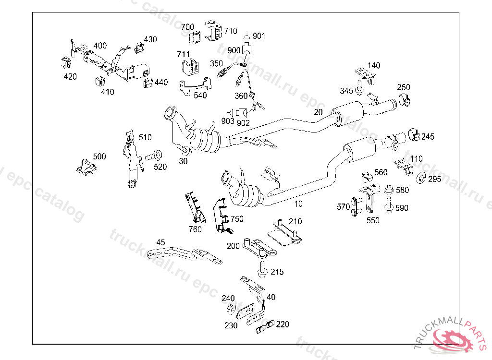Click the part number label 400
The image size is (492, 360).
pos(100,46)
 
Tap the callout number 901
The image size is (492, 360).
pos(259,36)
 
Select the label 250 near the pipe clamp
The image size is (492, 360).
pos(404,87)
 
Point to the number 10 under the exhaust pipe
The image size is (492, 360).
pos(298,204)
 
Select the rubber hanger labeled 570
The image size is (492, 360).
pos(356,206)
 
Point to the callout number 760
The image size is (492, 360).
pos(195,229)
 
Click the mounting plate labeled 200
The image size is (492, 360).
pos(258,248)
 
